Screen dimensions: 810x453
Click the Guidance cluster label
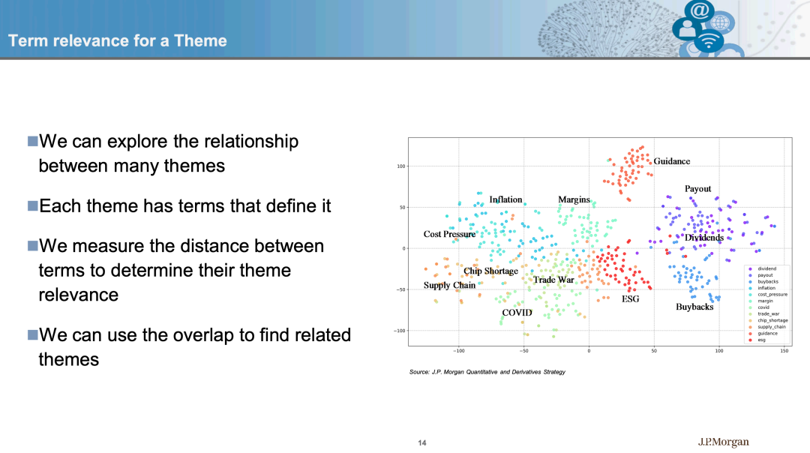(671, 161)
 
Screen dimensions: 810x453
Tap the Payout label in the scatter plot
(698, 189)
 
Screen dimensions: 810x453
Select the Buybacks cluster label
(694, 307)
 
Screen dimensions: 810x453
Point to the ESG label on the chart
(630, 299)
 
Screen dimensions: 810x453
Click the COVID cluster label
(517, 313)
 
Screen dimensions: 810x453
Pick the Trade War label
(553, 280)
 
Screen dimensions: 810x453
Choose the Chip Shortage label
(490, 271)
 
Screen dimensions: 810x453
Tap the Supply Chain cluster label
(449, 286)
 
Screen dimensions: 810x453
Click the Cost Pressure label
(449, 234)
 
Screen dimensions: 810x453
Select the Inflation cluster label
(505, 199)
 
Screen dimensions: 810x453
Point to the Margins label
(574, 200)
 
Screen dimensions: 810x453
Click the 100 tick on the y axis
(401, 166)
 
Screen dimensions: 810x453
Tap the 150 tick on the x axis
(784, 351)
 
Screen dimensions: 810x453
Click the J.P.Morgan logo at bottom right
(723, 442)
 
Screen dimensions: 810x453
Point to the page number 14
(422, 442)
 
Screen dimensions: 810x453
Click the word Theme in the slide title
(200, 40)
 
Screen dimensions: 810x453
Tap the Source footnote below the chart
(487, 372)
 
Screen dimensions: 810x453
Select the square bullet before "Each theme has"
(32, 205)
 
